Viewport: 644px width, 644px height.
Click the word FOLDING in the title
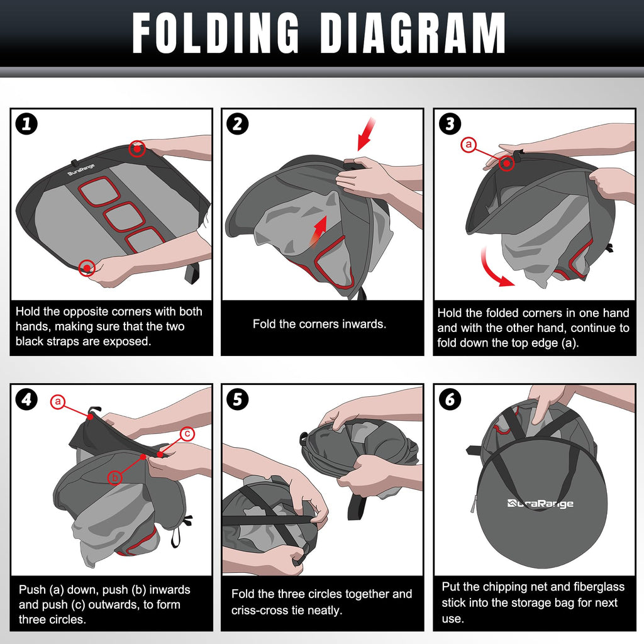pos(216,33)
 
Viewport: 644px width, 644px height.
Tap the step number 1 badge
pos(26,124)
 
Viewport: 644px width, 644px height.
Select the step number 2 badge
pos(238,124)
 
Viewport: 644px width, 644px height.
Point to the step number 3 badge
pos(450,124)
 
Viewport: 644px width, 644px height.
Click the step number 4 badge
pos(26,399)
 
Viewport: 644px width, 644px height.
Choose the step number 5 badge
pos(238,399)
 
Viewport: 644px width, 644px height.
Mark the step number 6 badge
pos(450,399)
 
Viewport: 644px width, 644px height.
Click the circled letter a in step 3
pos(469,145)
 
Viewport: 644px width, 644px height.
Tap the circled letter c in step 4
pos(187,434)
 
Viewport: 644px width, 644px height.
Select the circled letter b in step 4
pos(115,477)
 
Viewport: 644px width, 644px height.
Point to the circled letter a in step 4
pos(58,401)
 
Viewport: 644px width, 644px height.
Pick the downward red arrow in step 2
pos(366,134)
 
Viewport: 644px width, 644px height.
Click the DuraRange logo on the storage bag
pos(540,503)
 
